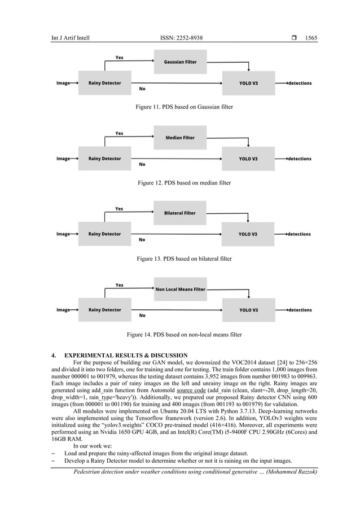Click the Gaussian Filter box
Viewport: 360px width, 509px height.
pyautogui.click(x=180, y=62)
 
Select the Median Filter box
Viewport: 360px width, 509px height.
pyautogui.click(x=180, y=137)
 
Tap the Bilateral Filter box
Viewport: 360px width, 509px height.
pyautogui.click(x=180, y=213)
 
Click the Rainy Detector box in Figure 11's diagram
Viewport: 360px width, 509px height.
pyautogui.click(x=104, y=83)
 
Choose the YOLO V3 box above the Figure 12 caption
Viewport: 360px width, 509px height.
pyautogui.click(x=248, y=159)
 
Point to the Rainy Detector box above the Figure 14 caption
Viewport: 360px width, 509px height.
pyautogui.click(x=104, y=310)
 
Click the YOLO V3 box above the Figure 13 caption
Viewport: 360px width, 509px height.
pyautogui.click(x=248, y=234)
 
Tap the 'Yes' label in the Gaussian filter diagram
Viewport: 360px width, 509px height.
pyautogui.click(x=120, y=58)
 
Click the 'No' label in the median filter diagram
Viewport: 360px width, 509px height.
pyautogui.click(x=142, y=164)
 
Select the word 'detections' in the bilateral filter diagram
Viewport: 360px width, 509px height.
pyautogui.click(x=299, y=234)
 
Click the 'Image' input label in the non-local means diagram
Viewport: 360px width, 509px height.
pyautogui.click(x=63, y=310)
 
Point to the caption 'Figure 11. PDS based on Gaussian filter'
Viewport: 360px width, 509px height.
pyautogui.click(x=180, y=107)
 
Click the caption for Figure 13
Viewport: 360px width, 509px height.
pyautogui.click(x=180, y=258)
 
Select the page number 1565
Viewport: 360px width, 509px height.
pyautogui.click(x=311, y=38)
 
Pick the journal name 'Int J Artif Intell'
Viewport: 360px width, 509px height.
pyautogui.click(x=71, y=38)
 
